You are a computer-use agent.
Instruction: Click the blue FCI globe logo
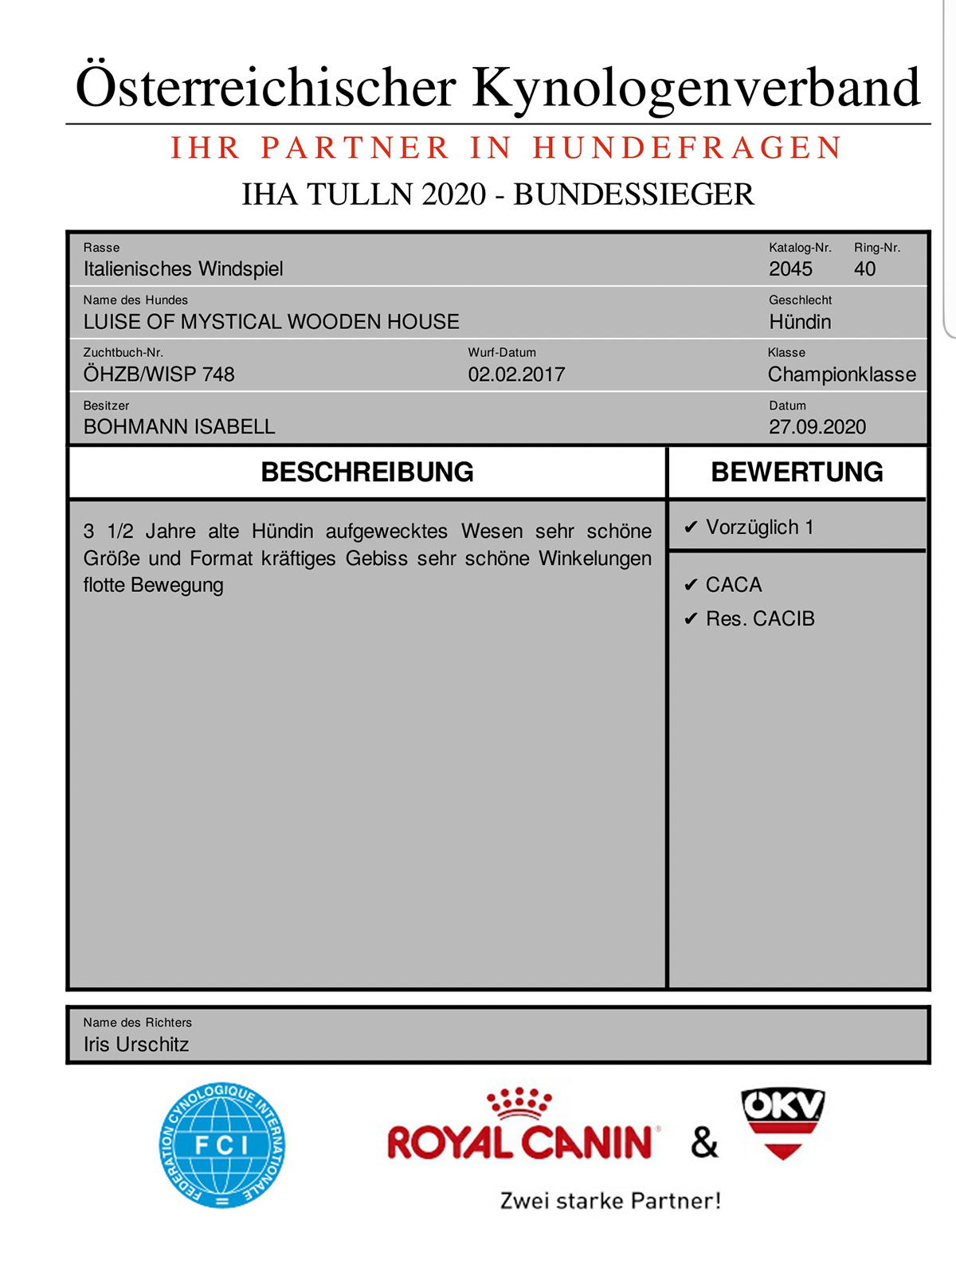[222, 1145]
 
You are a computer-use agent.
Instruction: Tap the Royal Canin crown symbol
[519, 1103]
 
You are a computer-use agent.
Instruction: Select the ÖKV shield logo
[782, 1124]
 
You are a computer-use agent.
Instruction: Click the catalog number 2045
[790, 269]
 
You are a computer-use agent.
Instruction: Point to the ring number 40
[864, 269]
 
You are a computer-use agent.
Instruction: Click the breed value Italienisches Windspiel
[183, 269]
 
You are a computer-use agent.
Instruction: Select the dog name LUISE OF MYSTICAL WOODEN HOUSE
[271, 322]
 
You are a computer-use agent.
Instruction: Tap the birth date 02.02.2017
[516, 375]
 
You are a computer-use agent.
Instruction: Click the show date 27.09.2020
[817, 427]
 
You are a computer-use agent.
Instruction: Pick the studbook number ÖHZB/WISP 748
[159, 375]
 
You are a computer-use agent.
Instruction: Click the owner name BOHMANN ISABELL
[179, 427]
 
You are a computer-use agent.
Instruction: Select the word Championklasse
[841, 375]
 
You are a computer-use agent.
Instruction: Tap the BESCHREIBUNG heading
[367, 473]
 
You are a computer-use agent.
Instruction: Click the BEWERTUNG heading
[797, 473]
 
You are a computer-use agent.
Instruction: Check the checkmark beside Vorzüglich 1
[691, 528]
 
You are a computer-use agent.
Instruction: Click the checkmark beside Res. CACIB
[691, 619]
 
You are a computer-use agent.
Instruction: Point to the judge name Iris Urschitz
[136, 1045]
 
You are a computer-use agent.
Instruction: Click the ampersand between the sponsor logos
[704, 1143]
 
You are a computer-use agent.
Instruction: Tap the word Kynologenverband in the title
[696, 88]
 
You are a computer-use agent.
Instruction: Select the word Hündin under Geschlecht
[800, 322]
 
